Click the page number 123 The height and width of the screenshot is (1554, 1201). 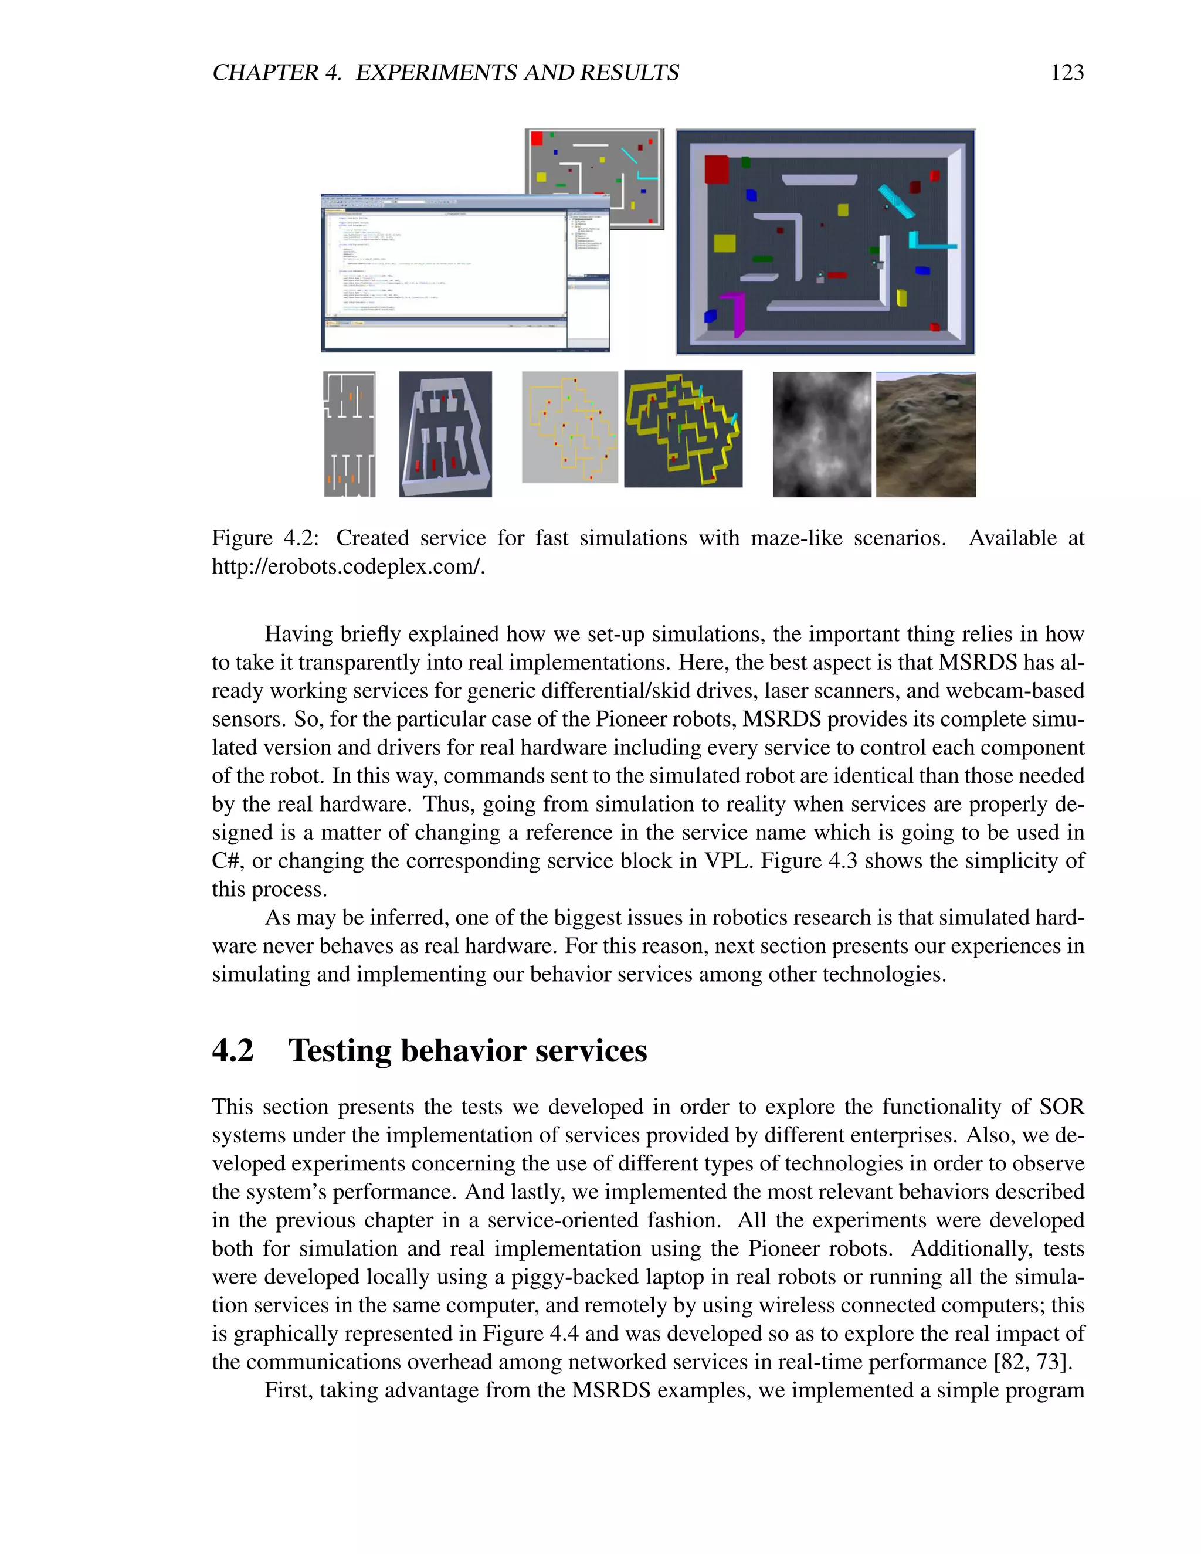tap(1067, 73)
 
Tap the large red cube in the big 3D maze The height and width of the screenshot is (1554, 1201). tap(716, 169)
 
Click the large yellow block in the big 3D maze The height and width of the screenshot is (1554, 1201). tap(724, 243)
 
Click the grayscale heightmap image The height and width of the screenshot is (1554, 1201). tap(821, 434)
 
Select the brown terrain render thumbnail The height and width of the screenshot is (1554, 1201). tap(925, 434)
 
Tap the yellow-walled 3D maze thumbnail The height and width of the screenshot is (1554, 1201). tap(683, 429)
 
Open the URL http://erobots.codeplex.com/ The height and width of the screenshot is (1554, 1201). tap(348, 566)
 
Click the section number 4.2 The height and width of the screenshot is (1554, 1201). tap(233, 1051)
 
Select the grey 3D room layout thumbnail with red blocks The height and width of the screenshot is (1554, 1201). tap(446, 434)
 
